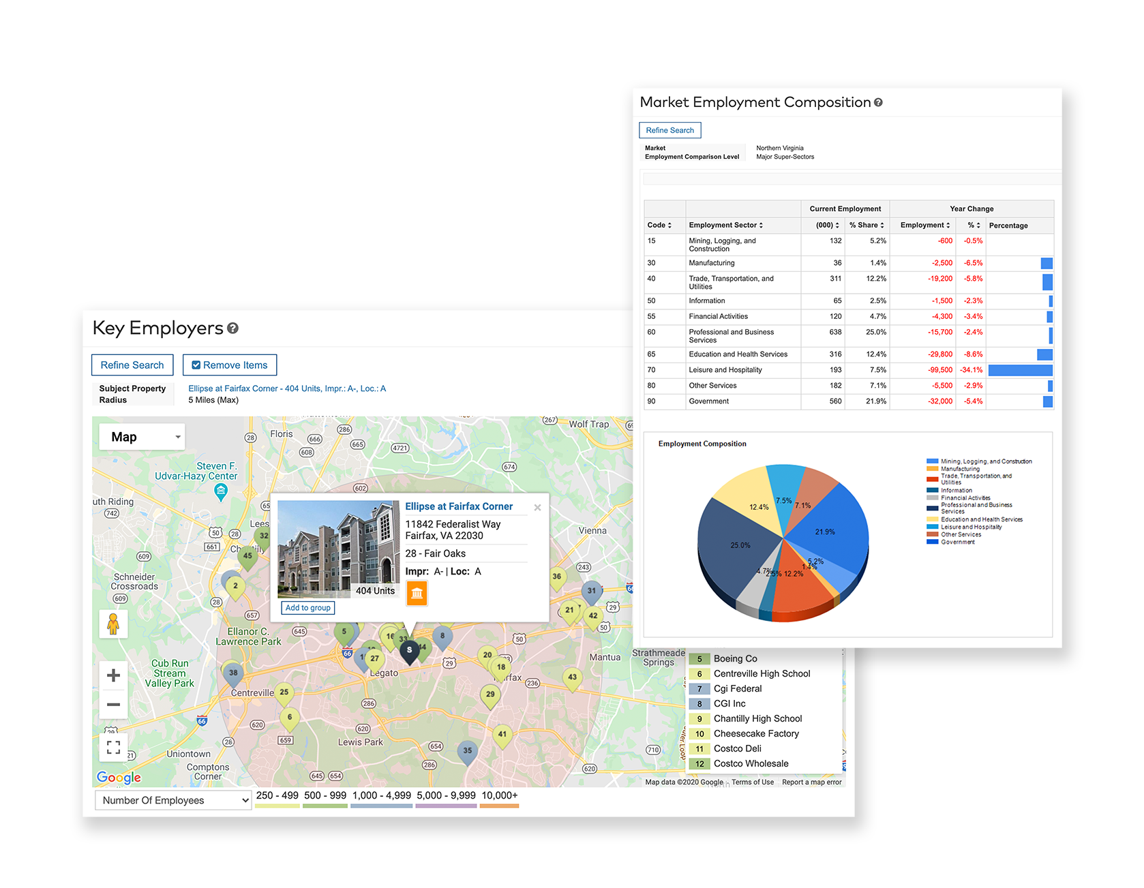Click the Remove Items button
click(230, 365)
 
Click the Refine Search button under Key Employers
click(132, 365)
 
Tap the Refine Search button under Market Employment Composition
click(669, 130)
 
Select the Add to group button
click(307, 608)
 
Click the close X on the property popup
click(537, 508)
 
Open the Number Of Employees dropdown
click(174, 800)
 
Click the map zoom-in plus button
click(114, 675)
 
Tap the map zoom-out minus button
click(114, 705)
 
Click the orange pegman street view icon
click(113, 624)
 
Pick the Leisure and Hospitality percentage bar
click(1020, 370)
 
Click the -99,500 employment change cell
click(939, 370)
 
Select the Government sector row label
click(708, 401)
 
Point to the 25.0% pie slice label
click(740, 545)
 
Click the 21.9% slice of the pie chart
click(825, 532)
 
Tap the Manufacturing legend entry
click(960, 469)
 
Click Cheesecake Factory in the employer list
click(755, 734)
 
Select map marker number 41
click(502, 735)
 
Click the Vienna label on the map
click(592, 531)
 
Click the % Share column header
click(867, 226)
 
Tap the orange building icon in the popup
click(417, 594)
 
